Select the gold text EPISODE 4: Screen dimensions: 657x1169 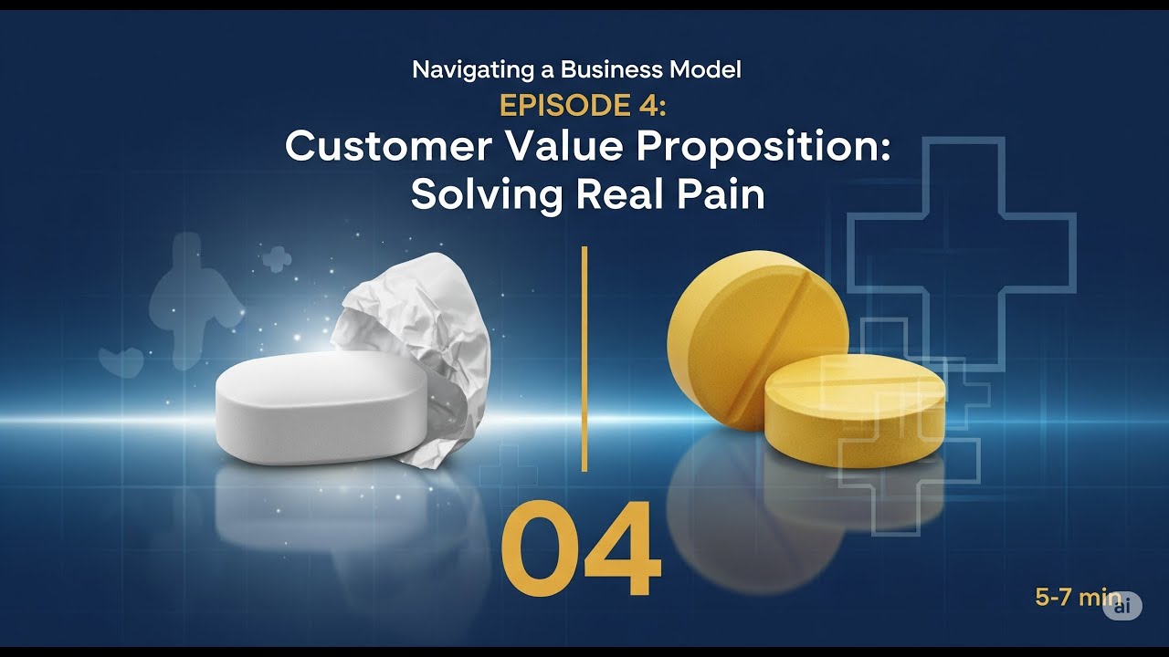point(584,106)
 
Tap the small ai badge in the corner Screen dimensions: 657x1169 point(1122,605)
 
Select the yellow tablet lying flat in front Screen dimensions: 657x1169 point(854,411)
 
